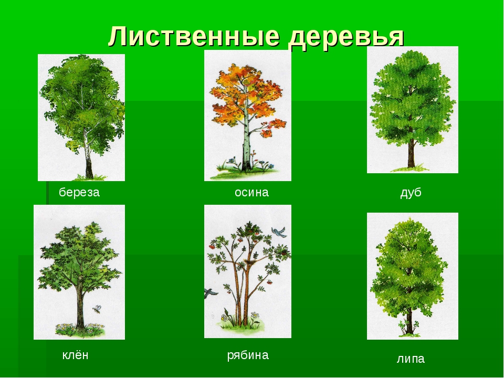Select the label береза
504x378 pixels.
(x=79, y=192)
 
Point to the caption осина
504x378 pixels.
(x=251, y=192)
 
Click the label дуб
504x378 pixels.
(x=411, y=193)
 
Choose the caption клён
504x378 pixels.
(x=75, y=355)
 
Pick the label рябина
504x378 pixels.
(x=248, y=355)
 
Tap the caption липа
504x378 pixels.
(x=411, y=359)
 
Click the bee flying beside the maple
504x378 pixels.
(x=97, y=309)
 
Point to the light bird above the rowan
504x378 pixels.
(x=278, y=232)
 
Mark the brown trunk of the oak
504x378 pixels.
(x=411, y=152)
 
